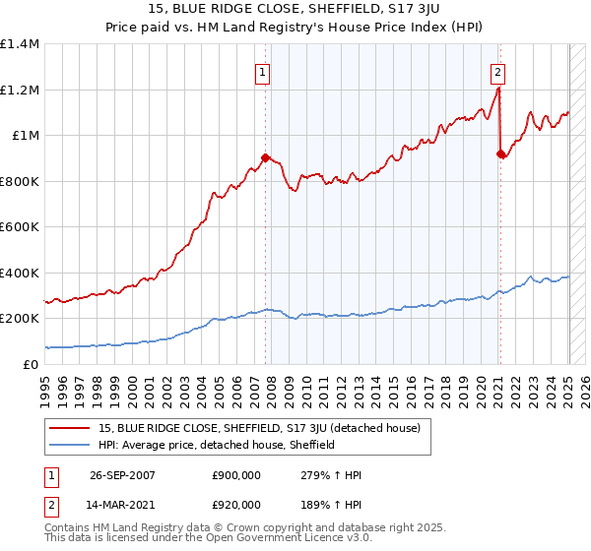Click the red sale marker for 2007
pyautogui.click(x=265, y=156)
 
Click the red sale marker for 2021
pyautogui.click(x=500, y=153)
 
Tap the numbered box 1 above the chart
pyautogui.click(x=264, y=71)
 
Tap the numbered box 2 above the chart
pyautogui.click(x=498, y=71)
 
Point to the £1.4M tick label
pyautogui.click(x=20, y=44)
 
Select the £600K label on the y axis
pyautogui.click(x=20, y=227)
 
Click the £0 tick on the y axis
pyautogui.click(x=31, y=365)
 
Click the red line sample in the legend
pyautogui.click(x=70, y=428)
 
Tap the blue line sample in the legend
pyautogui.click(x=70, y=445)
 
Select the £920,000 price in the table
pyautogui.click(x=235, y=504)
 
